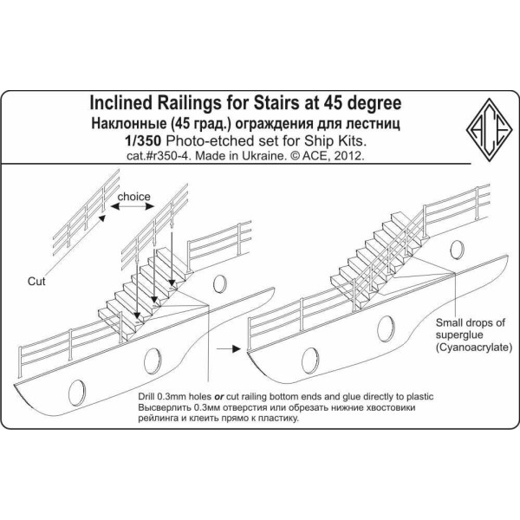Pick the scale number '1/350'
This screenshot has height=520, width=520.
pyautogui.click(x=160, y=142)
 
